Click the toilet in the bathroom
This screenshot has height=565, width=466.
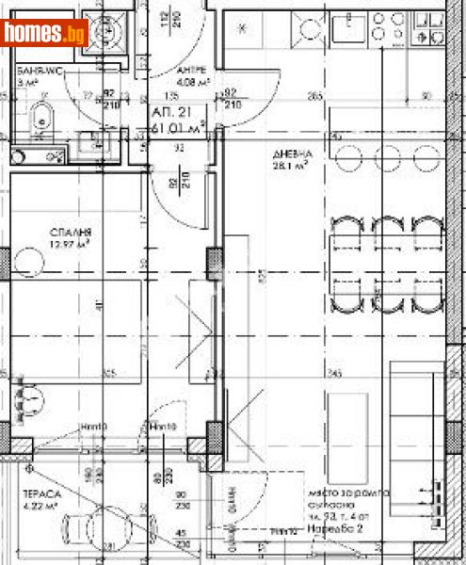(x=40, y=120)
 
